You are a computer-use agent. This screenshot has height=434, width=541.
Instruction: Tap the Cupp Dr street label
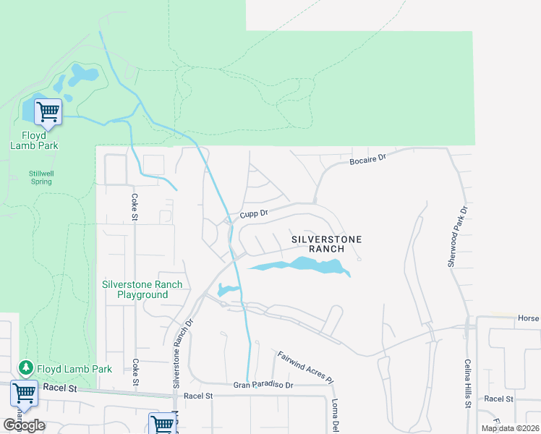point(254,214)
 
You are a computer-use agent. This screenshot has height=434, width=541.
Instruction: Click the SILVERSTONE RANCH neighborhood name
point(326,243)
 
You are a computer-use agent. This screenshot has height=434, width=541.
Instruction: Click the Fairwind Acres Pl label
point(306,367)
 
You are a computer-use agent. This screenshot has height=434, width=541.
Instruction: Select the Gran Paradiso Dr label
point(263,386)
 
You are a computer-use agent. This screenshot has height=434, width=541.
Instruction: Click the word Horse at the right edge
point(529,318)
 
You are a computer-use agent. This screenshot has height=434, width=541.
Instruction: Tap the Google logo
point(25,425)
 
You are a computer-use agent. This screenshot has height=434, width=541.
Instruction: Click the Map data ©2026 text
point(510,428)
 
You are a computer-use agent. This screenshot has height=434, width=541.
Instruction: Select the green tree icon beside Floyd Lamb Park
point(25,368)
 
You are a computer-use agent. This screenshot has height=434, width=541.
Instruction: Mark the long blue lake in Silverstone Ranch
point(299,267)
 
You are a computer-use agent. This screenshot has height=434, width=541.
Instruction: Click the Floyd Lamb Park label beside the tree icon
point(74,369)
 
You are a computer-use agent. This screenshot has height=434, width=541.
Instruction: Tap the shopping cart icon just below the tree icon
point(24,393)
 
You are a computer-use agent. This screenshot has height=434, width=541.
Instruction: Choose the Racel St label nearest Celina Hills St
point(498,399)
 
